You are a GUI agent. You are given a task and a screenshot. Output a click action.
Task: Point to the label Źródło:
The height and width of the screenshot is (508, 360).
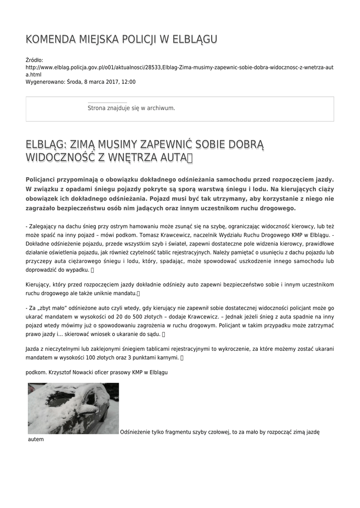click(34, 60)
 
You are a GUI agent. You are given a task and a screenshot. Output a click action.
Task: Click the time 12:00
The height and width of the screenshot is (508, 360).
click(128, 82)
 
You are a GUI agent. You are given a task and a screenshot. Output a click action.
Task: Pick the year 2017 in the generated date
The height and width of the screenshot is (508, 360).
click(109, 82)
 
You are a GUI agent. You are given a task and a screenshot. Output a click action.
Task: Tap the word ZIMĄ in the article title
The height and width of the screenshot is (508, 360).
click(83, 144)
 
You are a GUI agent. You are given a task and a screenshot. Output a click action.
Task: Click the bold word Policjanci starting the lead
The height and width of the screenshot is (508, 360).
click(44, 180)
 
